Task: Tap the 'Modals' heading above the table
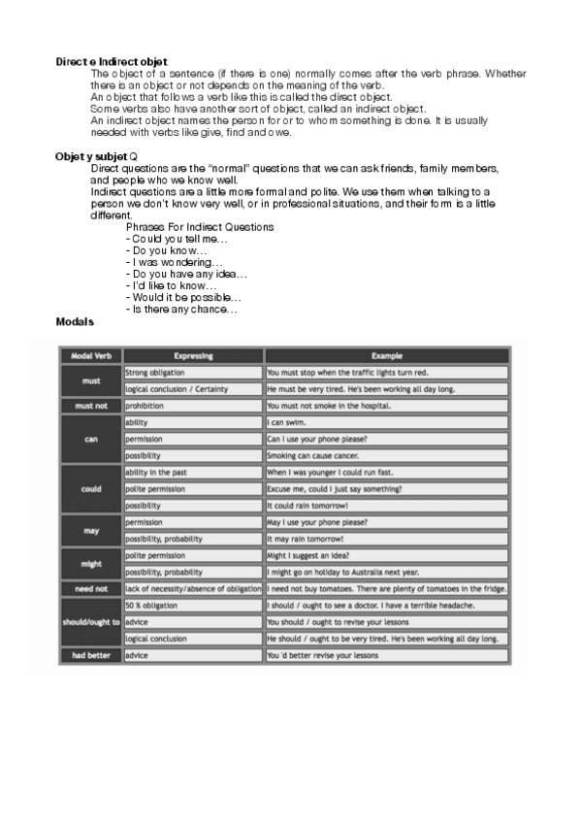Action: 75,320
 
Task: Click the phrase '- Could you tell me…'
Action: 178,239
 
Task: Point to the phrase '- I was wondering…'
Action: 175,262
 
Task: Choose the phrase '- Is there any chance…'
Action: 181,309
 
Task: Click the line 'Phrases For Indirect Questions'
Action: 200,227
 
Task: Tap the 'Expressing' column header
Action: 193,356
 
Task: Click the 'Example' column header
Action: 386,356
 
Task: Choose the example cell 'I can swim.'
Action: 288,423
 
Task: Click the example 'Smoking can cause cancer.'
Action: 316,455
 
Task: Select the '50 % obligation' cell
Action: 149,606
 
